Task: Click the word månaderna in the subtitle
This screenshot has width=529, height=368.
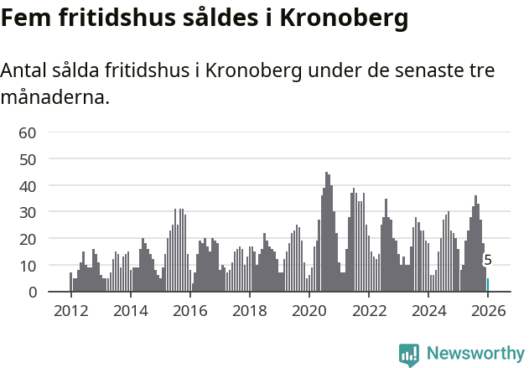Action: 55,97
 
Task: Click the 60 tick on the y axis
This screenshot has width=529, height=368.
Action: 27,132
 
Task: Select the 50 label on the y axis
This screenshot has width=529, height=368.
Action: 27,159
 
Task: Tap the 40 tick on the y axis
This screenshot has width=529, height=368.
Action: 27,185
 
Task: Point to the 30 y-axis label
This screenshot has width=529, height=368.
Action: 27,212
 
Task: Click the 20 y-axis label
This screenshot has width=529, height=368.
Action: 27,239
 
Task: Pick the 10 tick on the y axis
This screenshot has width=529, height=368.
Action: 27,266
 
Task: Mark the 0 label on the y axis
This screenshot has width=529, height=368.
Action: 31,292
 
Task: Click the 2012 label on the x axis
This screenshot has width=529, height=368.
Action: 70,310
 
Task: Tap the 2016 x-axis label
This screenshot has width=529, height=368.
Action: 189,310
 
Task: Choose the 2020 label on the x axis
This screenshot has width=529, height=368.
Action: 309,310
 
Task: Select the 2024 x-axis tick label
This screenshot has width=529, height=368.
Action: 428,310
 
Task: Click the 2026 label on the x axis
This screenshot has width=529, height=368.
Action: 488,310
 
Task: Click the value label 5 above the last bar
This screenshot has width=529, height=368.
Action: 488,261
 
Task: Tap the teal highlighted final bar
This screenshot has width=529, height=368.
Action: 488,285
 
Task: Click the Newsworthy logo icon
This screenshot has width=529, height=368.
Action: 409,355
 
